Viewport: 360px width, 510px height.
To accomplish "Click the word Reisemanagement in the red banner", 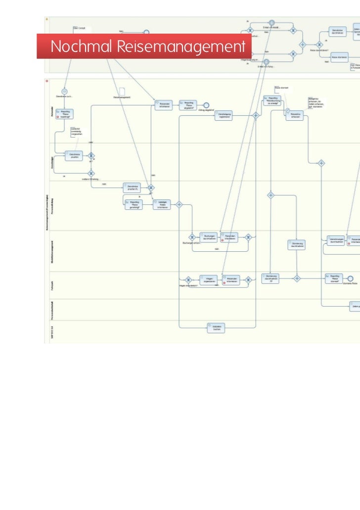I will click(181, 47).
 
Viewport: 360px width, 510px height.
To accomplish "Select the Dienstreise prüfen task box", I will click(74, 156).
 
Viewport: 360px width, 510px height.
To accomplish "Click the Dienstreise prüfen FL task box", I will click(132, 187).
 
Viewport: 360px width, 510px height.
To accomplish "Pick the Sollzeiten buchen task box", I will click(217, 327).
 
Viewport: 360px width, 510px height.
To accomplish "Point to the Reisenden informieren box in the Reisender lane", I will click(163, 105).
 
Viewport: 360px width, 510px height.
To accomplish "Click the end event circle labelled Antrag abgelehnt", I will click(207, 105).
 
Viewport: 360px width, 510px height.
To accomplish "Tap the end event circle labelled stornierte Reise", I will click(350, 278).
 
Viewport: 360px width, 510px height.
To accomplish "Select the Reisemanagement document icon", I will click(122, 90).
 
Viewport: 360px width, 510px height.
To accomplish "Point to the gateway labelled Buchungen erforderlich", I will click(191, 237).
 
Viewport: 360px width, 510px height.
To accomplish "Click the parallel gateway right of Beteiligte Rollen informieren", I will click(179, 204).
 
